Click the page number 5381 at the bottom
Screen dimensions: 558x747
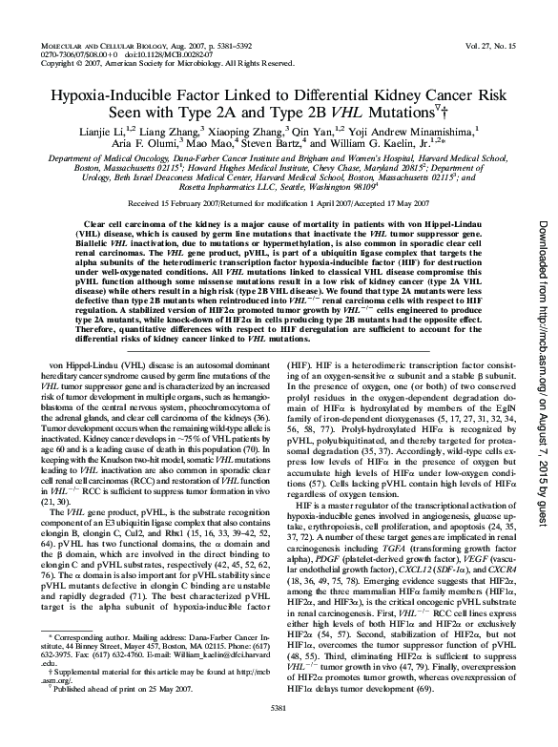278,732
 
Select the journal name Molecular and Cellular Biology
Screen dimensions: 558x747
109,46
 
